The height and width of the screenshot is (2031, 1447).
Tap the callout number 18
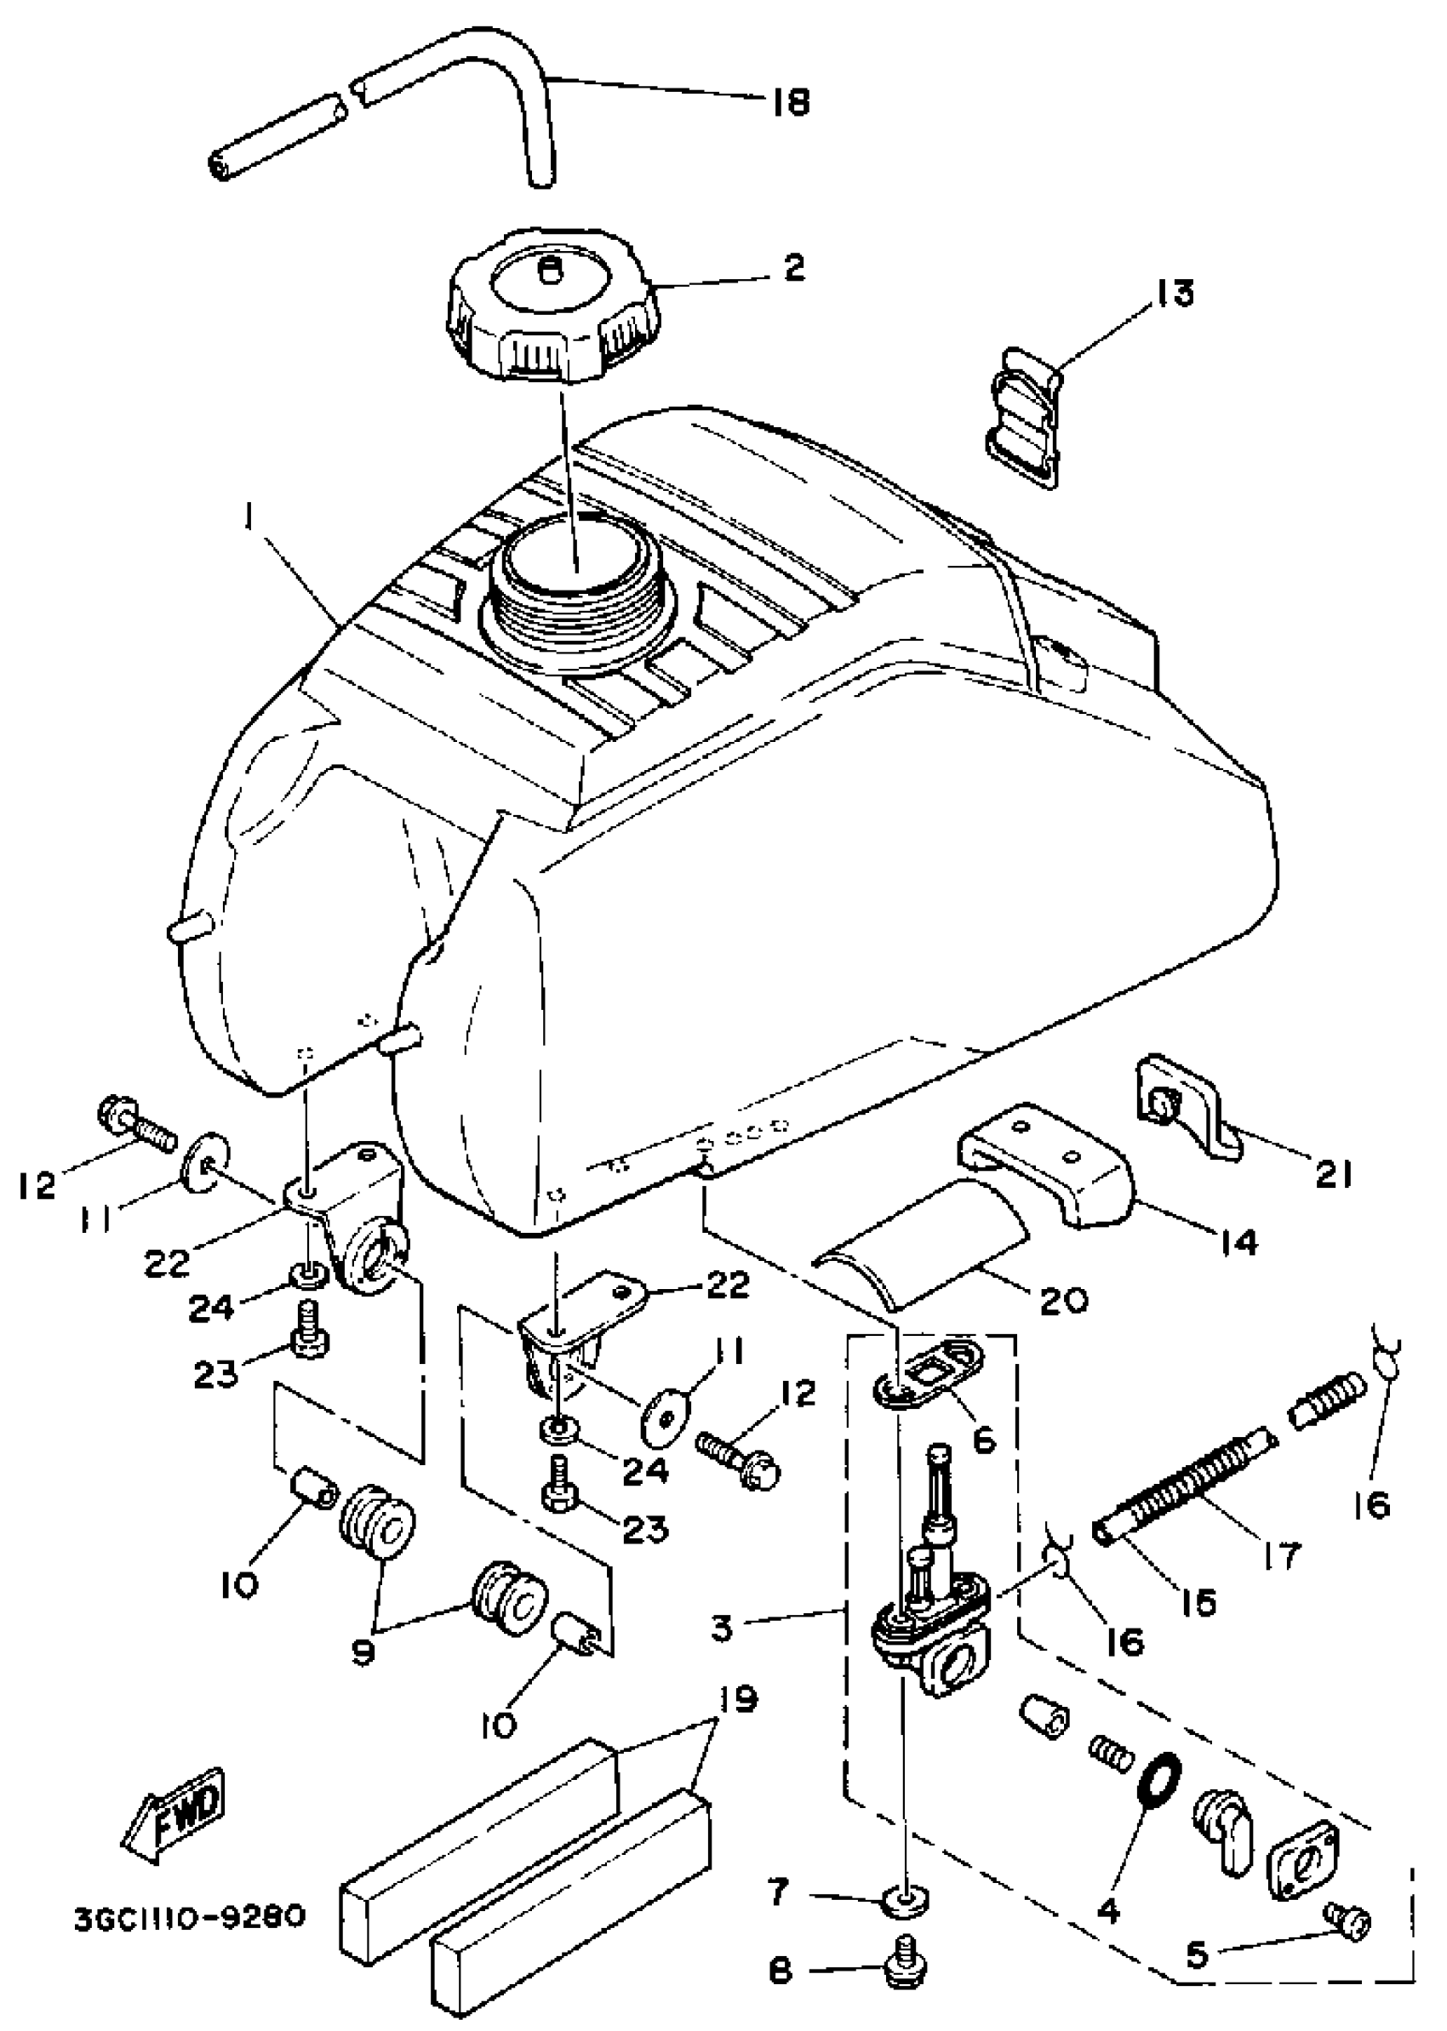(x=788, y=104)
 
